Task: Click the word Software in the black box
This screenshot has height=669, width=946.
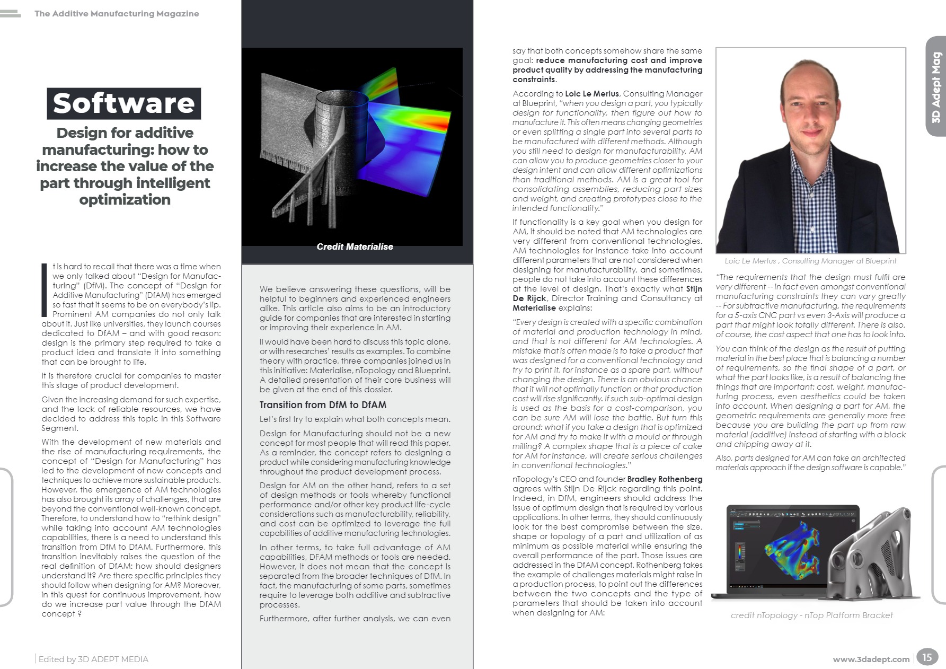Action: [x=123, y=103]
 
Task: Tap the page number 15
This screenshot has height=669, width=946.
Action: [x=926, y=657]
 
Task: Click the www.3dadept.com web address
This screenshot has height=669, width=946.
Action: [x=871, y=659]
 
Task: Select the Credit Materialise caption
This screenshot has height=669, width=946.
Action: [x=355, y=247]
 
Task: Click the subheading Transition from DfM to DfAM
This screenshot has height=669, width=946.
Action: [x=323, y=405]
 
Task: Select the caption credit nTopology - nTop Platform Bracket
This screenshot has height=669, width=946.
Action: [x=811, y=615]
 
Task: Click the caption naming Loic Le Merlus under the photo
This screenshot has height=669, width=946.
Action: [x=810, y=261]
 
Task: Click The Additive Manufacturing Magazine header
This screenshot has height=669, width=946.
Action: [x=117, y=14]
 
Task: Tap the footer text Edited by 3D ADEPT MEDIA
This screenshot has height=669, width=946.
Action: [x=93, y=659]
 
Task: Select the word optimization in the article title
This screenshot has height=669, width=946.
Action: [x=125, y=200]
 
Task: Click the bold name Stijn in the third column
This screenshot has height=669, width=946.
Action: [x=694, y=289]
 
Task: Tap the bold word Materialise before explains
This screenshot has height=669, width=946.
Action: [x=534, y=308]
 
